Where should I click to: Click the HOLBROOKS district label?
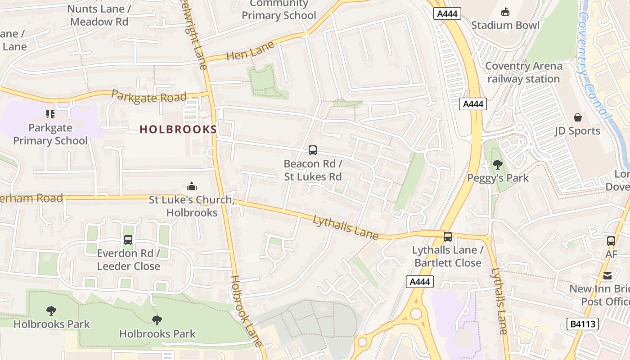[x=178, y=130]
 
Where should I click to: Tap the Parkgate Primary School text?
[x=50, y=134]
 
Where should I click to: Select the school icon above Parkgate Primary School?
[x=50, y=114]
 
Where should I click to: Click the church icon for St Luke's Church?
[x=192, y=186]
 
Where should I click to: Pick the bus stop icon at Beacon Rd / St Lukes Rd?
[x=312, y=150]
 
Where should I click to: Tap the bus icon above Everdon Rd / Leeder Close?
[x=128, y=240]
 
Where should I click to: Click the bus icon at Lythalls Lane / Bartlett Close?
[x=447, y=237]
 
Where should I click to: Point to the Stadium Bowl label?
[x=505, y=25]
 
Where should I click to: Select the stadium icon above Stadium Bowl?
[x=505, y=12]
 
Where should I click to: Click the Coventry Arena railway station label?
[x=523, y=72]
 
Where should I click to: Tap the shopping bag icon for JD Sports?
[x=578, y=117]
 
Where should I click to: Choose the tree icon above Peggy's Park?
[x=497, y=164]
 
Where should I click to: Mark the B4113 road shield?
[x=582, y=324]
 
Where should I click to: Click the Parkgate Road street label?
[x=148, y=96]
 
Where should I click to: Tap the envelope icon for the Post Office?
[x=607, y=275]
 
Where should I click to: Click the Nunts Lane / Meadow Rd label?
[x=99, y=15]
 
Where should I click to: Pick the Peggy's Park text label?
[x=498, y=178]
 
